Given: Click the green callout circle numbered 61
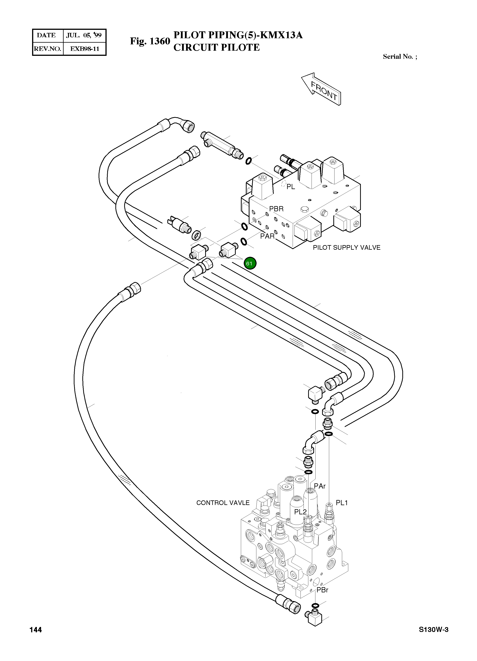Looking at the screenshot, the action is [x=249, y=263].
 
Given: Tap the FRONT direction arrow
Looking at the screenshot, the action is [x=321, y=89].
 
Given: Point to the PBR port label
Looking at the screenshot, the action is [x=276, y=209].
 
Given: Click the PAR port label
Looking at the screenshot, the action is [x=267, y=236].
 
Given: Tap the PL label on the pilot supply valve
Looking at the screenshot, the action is [x=291, y=187].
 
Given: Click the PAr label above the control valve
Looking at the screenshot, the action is [x=320, y=486].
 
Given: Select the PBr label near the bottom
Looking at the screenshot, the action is [x=322, y=590].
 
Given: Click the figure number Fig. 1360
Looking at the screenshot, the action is [x=150, y=41].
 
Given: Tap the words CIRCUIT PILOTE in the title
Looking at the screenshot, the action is [x=216, y=47].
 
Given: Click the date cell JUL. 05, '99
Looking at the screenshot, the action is [x=84, y=36].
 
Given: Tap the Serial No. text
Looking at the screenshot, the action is [x=400, y=57].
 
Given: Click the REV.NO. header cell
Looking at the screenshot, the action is [x=47, y=49].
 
